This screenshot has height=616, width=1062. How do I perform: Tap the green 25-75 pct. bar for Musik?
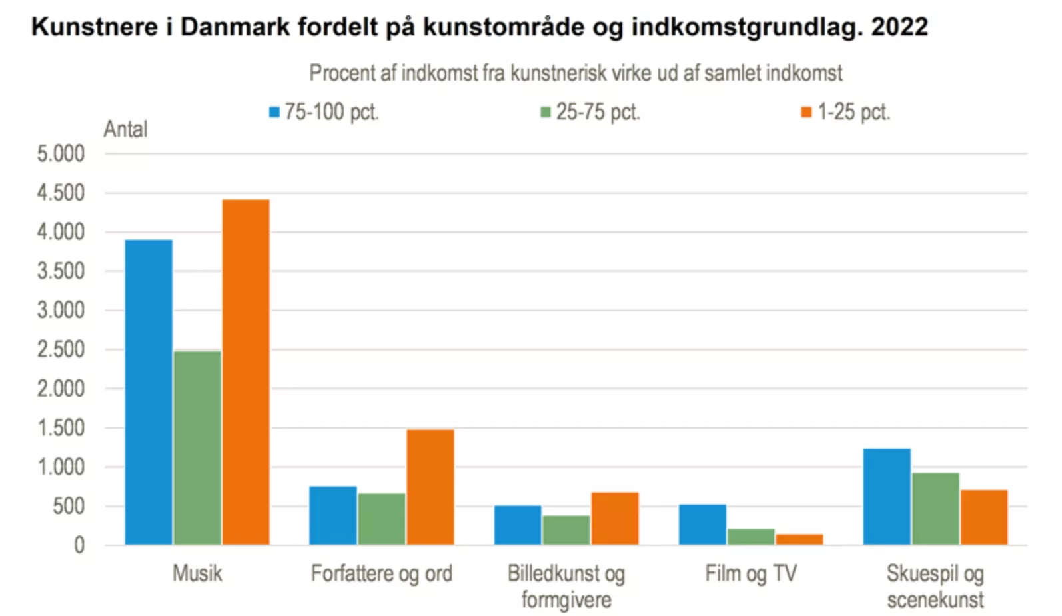(x=197, y=448)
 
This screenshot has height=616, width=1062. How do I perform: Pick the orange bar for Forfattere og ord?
(x=430, y=487)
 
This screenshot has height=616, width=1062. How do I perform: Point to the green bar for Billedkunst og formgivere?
(x=566, y=530)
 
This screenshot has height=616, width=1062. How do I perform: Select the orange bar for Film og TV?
(x=799, y=539)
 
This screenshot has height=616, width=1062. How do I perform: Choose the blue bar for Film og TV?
(x=702, y=525)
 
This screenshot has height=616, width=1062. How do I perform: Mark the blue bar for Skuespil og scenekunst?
(x=887, y=497)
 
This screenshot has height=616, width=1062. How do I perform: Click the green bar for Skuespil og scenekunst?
(x=935, y=509)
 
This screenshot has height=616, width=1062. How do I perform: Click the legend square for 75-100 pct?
(x=274, y=112)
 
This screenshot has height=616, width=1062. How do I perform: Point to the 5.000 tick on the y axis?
(x=61, y=154)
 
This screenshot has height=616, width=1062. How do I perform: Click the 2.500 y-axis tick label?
(x=61, y=349)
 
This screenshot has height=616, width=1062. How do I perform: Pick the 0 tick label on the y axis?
(x=79, y=545)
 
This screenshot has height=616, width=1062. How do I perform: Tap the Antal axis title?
(x=125, y=129)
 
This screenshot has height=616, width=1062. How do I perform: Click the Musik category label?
(x=197, y=573)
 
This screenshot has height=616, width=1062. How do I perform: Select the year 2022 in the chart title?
(x=899, y=27)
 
